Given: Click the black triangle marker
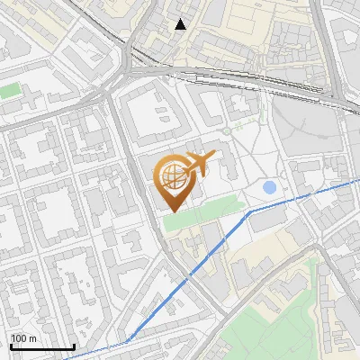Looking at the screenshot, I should [180, 24].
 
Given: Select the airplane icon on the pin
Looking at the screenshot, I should [198, 164].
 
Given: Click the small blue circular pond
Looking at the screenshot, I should [269, 187].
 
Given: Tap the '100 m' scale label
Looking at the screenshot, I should [23, 337].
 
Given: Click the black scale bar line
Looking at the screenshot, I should [42, 346].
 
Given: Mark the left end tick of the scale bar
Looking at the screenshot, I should [11, 345].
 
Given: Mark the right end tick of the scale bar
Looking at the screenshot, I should [74, 345].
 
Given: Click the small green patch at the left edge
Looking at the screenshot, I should [9, 91].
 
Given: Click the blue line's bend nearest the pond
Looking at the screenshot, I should [250, 211].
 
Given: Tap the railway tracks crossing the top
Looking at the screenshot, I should [234, 76].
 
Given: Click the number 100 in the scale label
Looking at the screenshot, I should [19, 337].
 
